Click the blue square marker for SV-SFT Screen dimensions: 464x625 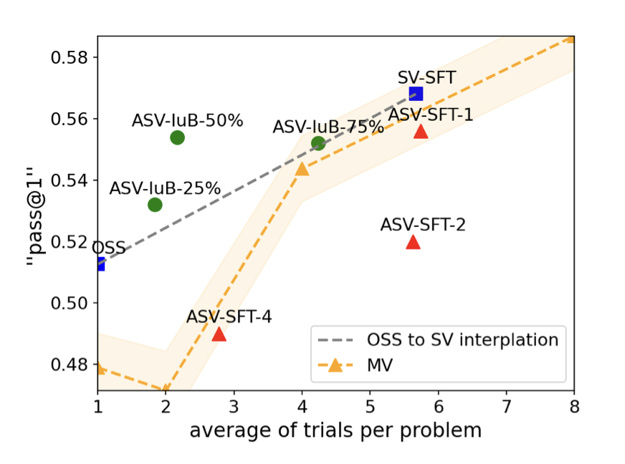[x=416, y=94]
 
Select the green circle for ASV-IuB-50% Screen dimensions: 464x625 [x=178, y=137]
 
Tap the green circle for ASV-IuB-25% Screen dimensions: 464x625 [x=155, y=205]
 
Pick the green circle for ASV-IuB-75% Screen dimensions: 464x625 [x=318, y=144]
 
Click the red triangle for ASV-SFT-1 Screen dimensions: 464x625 [x=421, y=131]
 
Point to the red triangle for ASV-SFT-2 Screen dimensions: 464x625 [x=413, y=242]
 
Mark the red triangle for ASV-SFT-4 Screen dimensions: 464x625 [x=219, y=334]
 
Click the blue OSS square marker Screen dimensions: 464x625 [x=100, y=264]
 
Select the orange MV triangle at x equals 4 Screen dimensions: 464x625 [x=302, y=168]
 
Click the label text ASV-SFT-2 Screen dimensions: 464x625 [x=423, y=225]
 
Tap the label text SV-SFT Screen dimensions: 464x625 [x=426, y=77]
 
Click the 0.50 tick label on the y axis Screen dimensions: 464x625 [x=70, y=303]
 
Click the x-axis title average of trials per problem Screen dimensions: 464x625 [x=335, y=430]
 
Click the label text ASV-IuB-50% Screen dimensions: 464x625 [x=188, y=121]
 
